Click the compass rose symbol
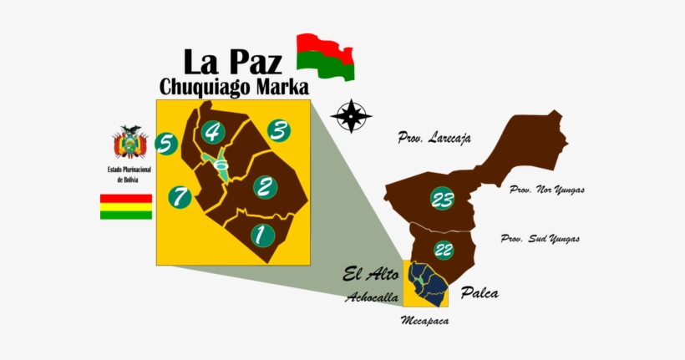tap(351, 116)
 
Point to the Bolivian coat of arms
tap(130, 143)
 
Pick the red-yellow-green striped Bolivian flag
tap(126, 206)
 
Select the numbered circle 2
tap(264, 186)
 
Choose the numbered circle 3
tap(279, 131)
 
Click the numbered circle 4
tap(212, 132)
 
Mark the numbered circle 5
tap(166, 145)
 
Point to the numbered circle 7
tap(179, 197)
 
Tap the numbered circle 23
tap(442, 199)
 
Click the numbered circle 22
tap(444, 249)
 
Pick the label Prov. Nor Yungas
tap(547, 190)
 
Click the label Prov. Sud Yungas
tap(540, 239)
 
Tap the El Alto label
tap(370, 274)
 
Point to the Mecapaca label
tap(424, 320)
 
